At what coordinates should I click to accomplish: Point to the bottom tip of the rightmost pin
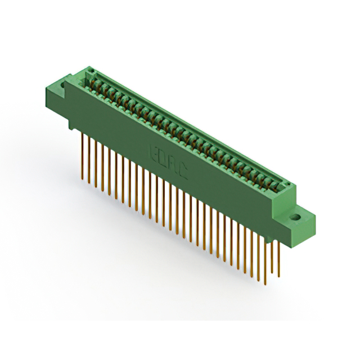279,276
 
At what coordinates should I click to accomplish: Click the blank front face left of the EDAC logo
107,124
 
